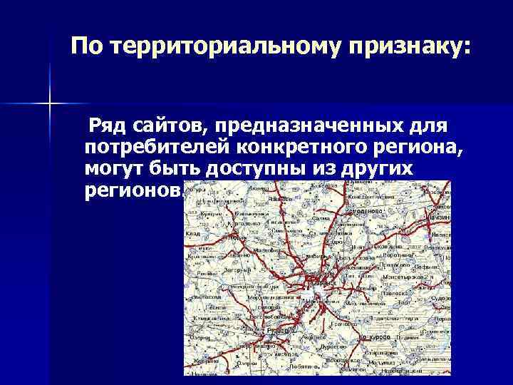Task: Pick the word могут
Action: point(114,170)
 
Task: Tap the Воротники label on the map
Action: point(395,255)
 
